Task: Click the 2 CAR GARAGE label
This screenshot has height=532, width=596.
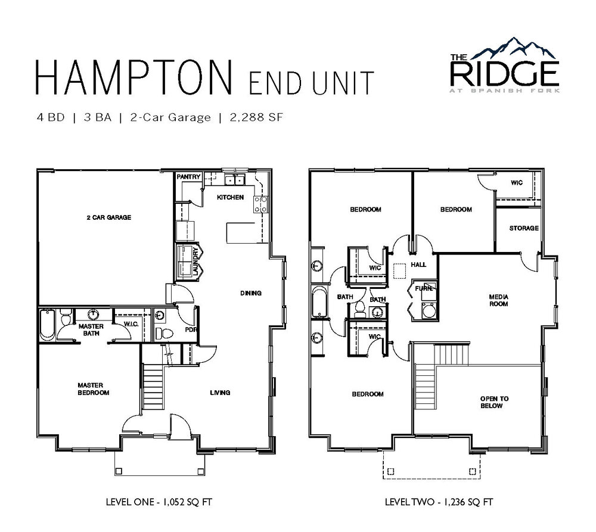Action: click(x=108, y=217)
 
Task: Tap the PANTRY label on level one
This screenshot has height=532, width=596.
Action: click(x=188, y=177)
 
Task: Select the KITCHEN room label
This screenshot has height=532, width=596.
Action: click(x=230, y=197)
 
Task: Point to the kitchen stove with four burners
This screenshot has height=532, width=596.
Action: click(x=261, y=204)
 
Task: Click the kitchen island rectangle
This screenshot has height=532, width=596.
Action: click(x=245, y=232)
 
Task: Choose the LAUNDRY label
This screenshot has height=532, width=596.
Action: click(x=195, y=262)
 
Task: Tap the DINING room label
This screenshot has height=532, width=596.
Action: click(x=251, y=293)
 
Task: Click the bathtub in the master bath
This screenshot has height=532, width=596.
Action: click(x=47, y=325)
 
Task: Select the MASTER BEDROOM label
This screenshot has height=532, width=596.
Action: click(x=93, y=389)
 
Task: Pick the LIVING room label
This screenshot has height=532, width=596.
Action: click(x=220, y=393)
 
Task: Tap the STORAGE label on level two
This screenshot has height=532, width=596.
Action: click(x=524, y=228)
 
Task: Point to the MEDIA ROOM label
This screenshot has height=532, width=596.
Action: click(x=499, y=300)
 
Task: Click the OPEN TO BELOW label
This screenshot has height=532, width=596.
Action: click(x=494, y=402)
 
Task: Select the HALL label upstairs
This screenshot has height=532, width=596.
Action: click(x=418, y=265)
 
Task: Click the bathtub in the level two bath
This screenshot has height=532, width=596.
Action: click(x=319, y=302)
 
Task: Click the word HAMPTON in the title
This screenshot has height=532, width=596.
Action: click(x=134, y=77)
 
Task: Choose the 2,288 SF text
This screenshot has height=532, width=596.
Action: click(x=256, y=117)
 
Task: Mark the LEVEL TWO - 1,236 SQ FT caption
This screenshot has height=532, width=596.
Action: click(x=439, y=502)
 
